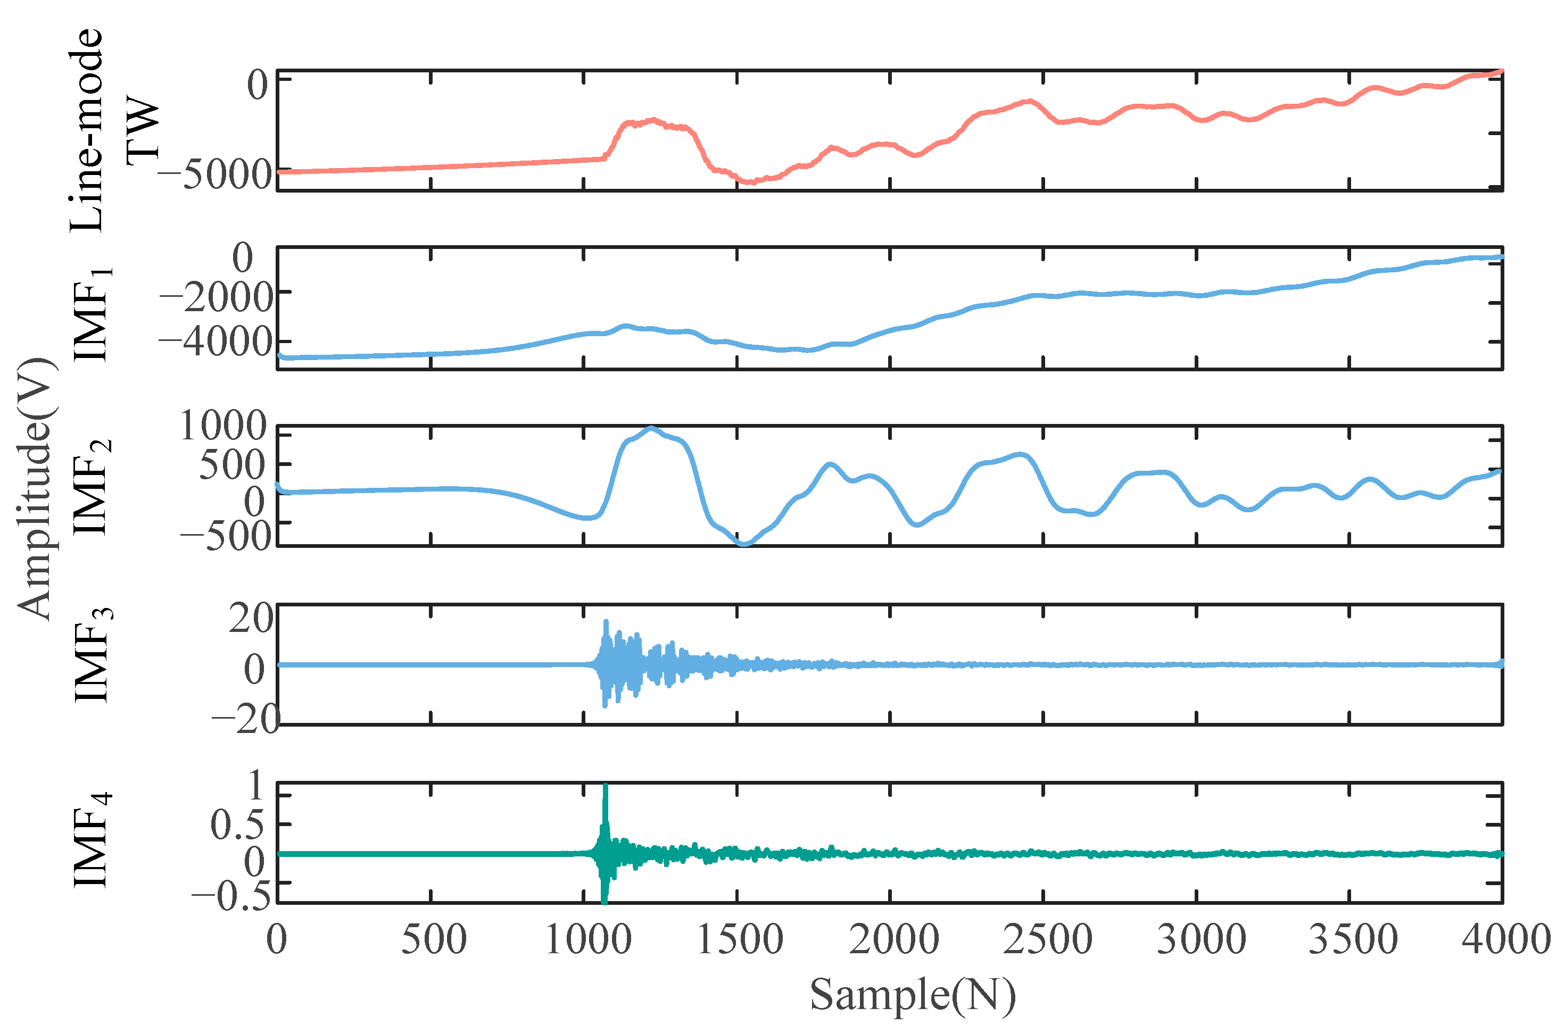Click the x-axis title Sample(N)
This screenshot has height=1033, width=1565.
[912, 995]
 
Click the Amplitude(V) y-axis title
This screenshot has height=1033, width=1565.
[36, 488]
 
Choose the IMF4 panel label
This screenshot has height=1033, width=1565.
[92, 840]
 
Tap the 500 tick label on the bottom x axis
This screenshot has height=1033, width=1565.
[434, 939]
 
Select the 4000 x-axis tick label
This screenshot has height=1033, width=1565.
[1506, 939]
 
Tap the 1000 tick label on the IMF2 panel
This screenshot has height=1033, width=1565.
[223, 425]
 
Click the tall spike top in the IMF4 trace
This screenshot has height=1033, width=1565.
[605, 787]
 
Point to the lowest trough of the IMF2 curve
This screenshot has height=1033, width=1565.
[744, 544]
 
